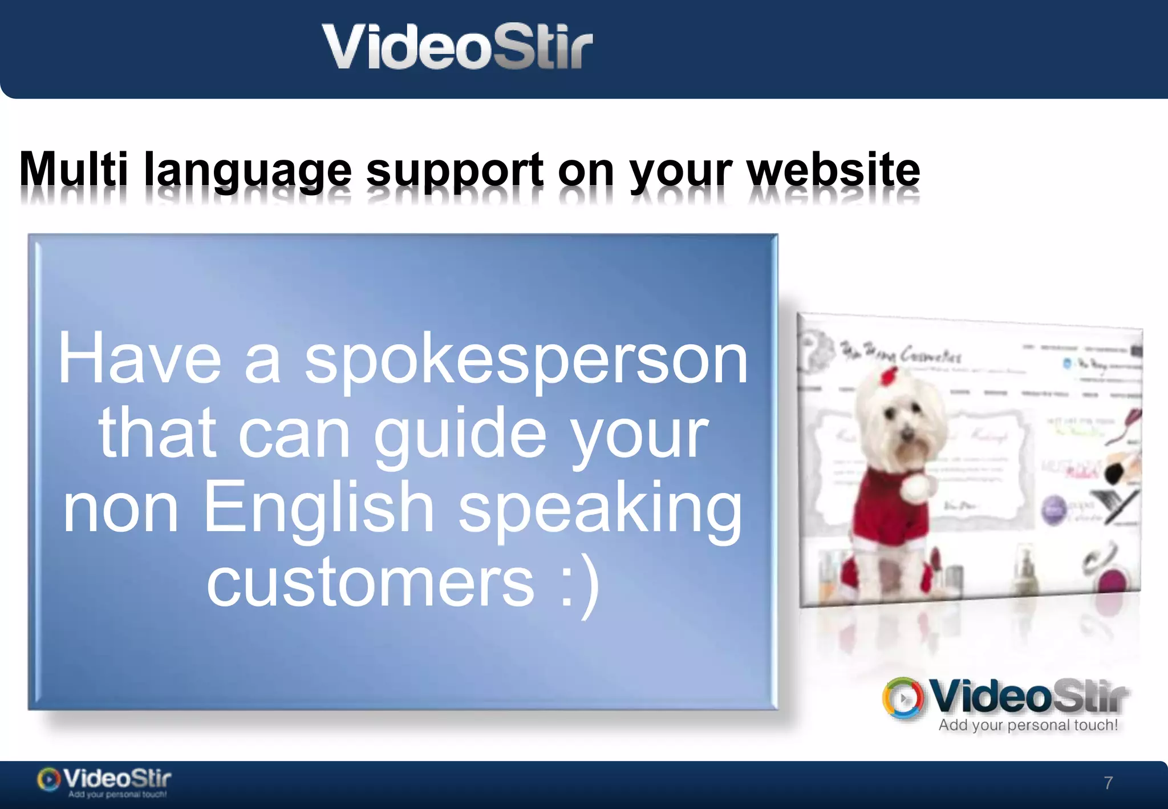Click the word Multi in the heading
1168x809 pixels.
coord(74,169)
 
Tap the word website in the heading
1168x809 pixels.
coord(833,169)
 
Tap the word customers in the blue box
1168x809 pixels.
coord(371,583)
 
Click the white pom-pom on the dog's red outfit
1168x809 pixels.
coord(918,488)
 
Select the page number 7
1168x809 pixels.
coord(1108,783)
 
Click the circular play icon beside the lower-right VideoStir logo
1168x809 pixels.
coord(903,698)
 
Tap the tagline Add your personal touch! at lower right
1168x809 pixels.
coord(1028,725)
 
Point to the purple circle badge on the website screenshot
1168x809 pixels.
coord(1055,509)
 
